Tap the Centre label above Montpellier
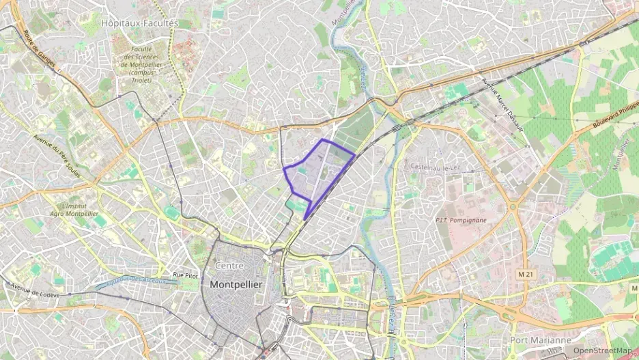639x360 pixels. point(229,265)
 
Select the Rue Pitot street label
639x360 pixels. point(185,275)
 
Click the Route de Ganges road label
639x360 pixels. point(38,51)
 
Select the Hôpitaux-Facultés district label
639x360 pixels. point(139,23)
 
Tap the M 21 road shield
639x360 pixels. point(525,274)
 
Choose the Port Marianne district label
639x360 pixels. point(541,340)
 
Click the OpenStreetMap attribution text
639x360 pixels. point(602,350)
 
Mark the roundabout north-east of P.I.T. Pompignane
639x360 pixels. point(512,206)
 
